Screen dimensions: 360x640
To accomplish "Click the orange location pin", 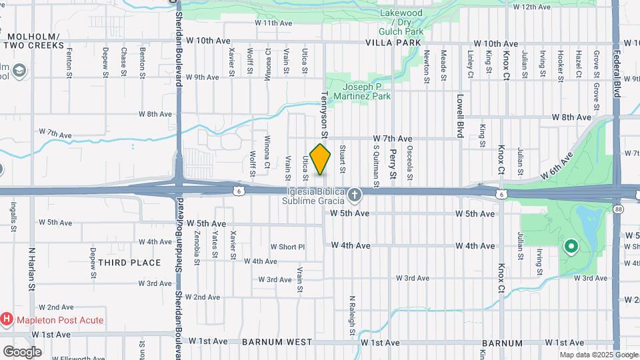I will pyautogui.click(x=321, y=159).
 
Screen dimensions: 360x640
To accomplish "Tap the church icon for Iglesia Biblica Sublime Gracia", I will pyautogui.click(x=355, y=195).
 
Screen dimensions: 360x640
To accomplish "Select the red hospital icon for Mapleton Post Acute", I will pyautogui.click(x=7, y=319).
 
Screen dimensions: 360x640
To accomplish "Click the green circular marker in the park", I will pyautogui.click(x=571, y=247).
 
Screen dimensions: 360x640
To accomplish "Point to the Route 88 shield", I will pyautogui.click(x=619, y=209).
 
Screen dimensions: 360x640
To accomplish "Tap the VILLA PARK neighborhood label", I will pyautogui.click(x=393, y=43).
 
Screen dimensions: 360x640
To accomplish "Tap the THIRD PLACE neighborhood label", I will pyautogui.click(x=129, y=263).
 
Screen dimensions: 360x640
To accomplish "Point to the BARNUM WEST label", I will pyautogui.click(x=277, y=342).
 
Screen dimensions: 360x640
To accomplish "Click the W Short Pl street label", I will pyautogui.click(x=287, y=247).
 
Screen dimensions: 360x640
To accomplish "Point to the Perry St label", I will pyautogui.click(x=393, y=164).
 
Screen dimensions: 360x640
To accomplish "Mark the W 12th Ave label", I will pyautogui.click(x=531, y=7).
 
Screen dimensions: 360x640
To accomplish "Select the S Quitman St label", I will pyautogui.click(x=376, y=167).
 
